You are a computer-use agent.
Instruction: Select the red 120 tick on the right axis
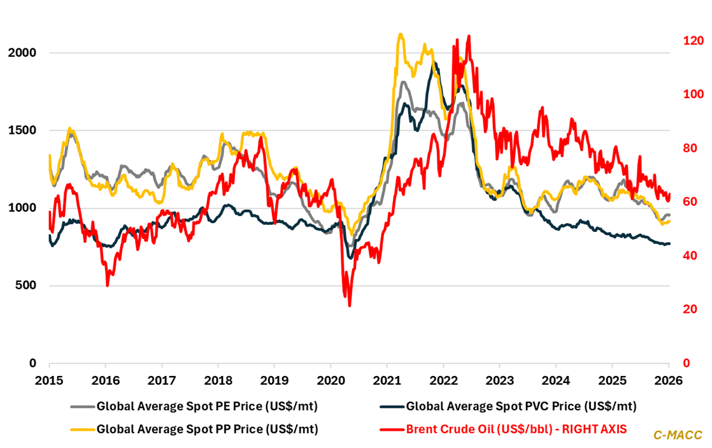click(x=693, y=41)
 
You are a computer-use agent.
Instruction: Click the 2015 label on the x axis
click(x=49, y=380)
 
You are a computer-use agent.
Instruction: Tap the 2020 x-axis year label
click(x=330, y=380)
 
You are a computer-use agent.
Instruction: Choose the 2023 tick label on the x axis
click(x=499, y=380)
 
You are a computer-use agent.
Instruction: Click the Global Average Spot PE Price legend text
click(x=207, y=405)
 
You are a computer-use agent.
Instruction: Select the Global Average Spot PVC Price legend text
click(x=521, y=405)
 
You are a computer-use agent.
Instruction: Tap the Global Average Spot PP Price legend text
click(x=207, y=429)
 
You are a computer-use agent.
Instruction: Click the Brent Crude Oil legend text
click(x=516, y=429)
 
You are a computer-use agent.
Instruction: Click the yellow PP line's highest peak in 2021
click(x=399, y=34)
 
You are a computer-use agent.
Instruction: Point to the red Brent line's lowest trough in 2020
click(x=350, y=305)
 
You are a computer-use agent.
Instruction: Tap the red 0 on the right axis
click(x=686, y=363)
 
